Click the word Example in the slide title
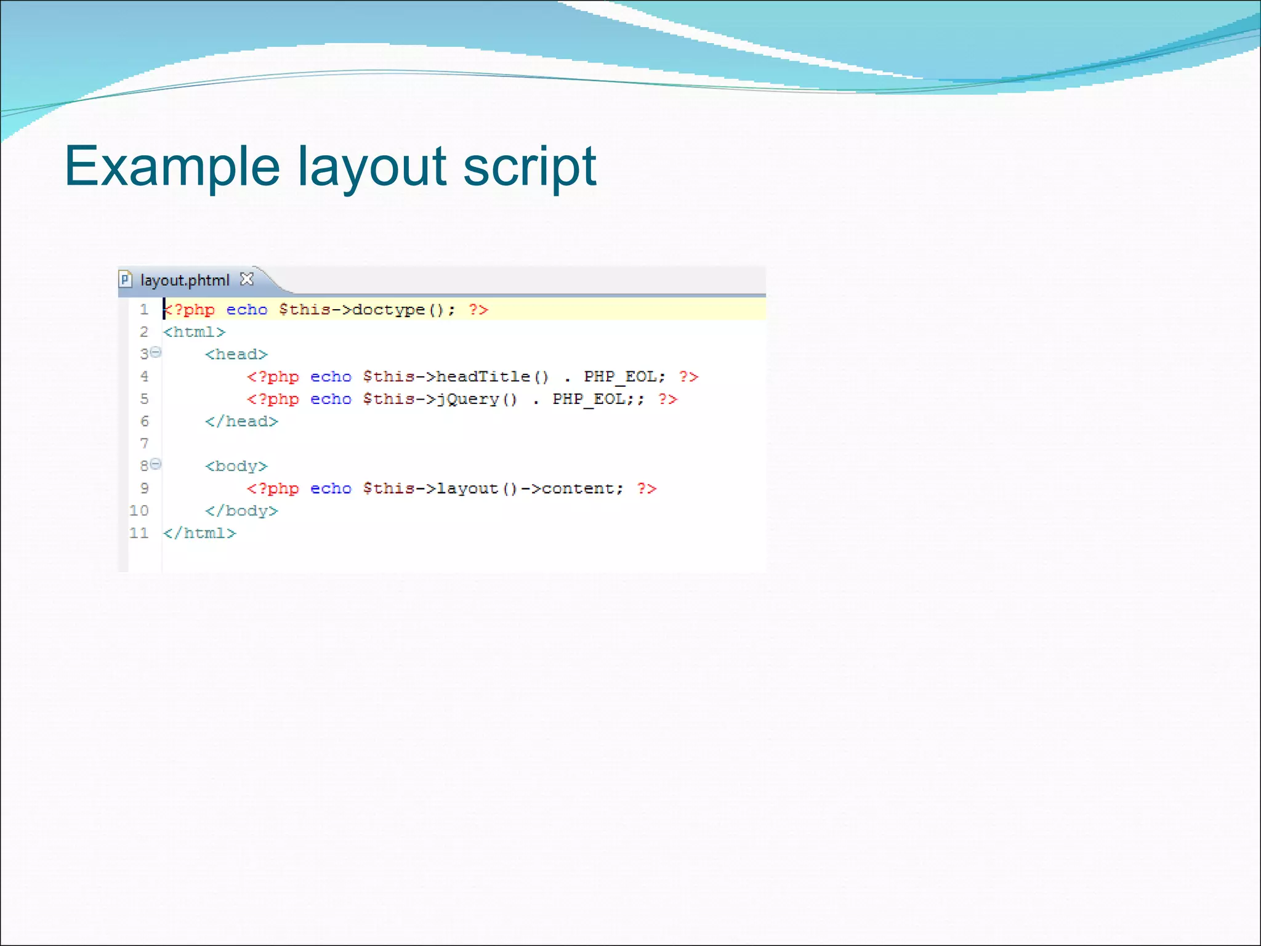(172, 166)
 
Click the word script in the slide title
(529, 166)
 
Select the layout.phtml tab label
(184, 280)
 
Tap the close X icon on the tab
(246, 279)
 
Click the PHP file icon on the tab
(125, 280)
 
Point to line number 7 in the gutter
(144, 443)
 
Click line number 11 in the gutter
(139, 533)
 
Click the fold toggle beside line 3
(156, 352)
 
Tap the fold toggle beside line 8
(156, 464)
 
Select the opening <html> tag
(194, 332)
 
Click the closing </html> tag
(199, 533)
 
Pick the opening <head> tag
(236, 354)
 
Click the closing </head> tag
(241, 421)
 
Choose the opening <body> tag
(236, 466)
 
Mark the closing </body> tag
(241, 511)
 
